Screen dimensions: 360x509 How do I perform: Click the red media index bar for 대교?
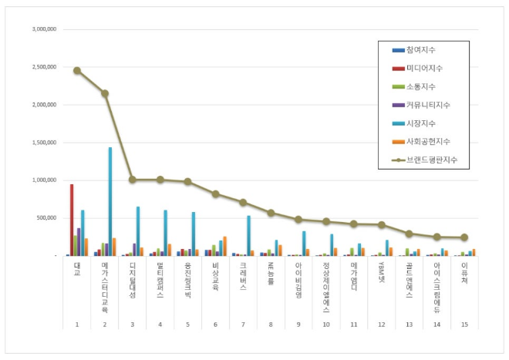point(72,220)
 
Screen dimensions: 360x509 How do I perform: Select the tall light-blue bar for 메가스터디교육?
point(110,200)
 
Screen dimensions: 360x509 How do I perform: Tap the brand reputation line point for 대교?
point(77,70)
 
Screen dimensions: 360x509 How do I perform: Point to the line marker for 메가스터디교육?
point(105,93)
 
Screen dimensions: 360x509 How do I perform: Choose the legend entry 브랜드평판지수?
point(431,160)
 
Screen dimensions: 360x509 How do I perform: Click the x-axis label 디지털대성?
point(132,274)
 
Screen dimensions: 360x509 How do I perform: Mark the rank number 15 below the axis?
point(463,325)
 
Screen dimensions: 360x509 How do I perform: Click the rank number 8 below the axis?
point(271,325)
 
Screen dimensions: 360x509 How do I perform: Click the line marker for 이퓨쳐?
point(463,237)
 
